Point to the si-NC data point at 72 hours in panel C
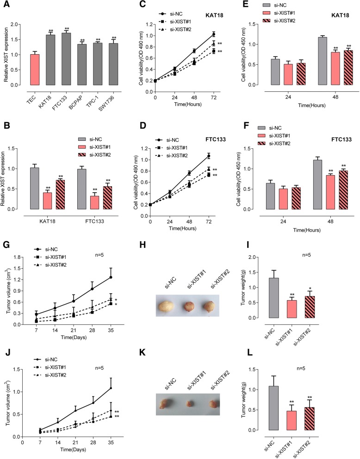(x=213, y=34)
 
